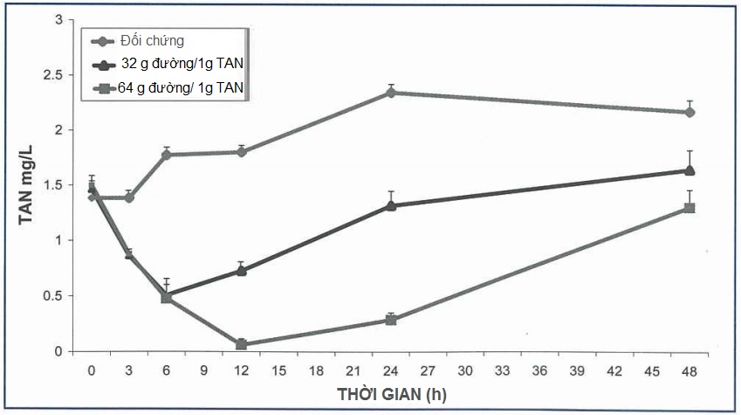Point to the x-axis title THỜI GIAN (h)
392,394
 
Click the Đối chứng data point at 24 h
391,93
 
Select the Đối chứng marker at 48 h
690,112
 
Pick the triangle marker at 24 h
391,205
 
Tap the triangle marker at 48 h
690,170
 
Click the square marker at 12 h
242,344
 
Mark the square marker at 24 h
391,320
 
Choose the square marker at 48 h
690,208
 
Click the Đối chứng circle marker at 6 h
167,155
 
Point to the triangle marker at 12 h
242,270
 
